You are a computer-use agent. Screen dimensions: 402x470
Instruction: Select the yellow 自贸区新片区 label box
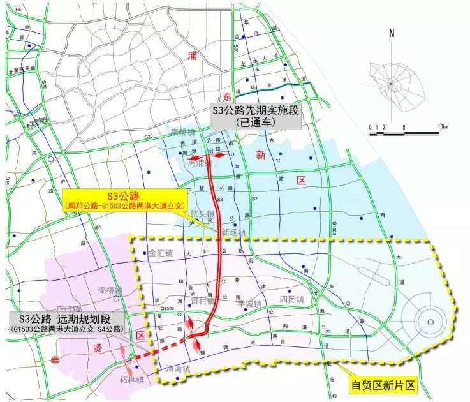pos(383,385)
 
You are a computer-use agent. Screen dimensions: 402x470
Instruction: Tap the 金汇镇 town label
pos(161,253)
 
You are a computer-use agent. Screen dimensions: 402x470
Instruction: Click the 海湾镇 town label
pos(179,369)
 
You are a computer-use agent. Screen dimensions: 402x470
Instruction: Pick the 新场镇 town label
pos(233,233)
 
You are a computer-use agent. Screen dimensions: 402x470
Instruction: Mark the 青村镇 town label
pos(203,300)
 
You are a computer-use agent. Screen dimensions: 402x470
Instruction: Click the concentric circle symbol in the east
pos(430,322)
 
